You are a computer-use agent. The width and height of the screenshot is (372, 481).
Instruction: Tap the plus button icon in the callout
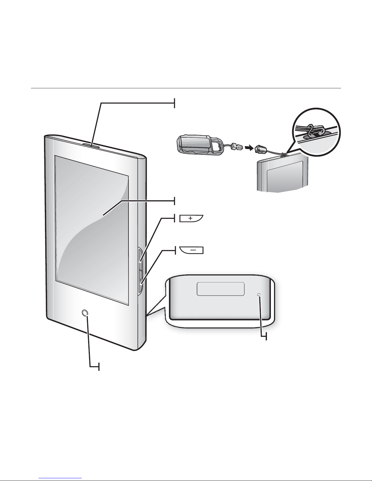[x=191, y=218]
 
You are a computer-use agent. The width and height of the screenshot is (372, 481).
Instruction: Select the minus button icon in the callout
[x=192, y=250]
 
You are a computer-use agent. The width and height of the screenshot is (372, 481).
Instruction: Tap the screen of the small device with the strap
[x=284, y=178]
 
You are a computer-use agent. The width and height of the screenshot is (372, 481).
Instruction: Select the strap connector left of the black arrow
[x=236, y=147]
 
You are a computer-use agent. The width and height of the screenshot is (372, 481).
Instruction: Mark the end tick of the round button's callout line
[x=99, y=367]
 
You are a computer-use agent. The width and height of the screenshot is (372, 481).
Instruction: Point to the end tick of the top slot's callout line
[x=175, y=103]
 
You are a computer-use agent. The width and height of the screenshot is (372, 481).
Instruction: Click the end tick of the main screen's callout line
[x=175, y=201]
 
